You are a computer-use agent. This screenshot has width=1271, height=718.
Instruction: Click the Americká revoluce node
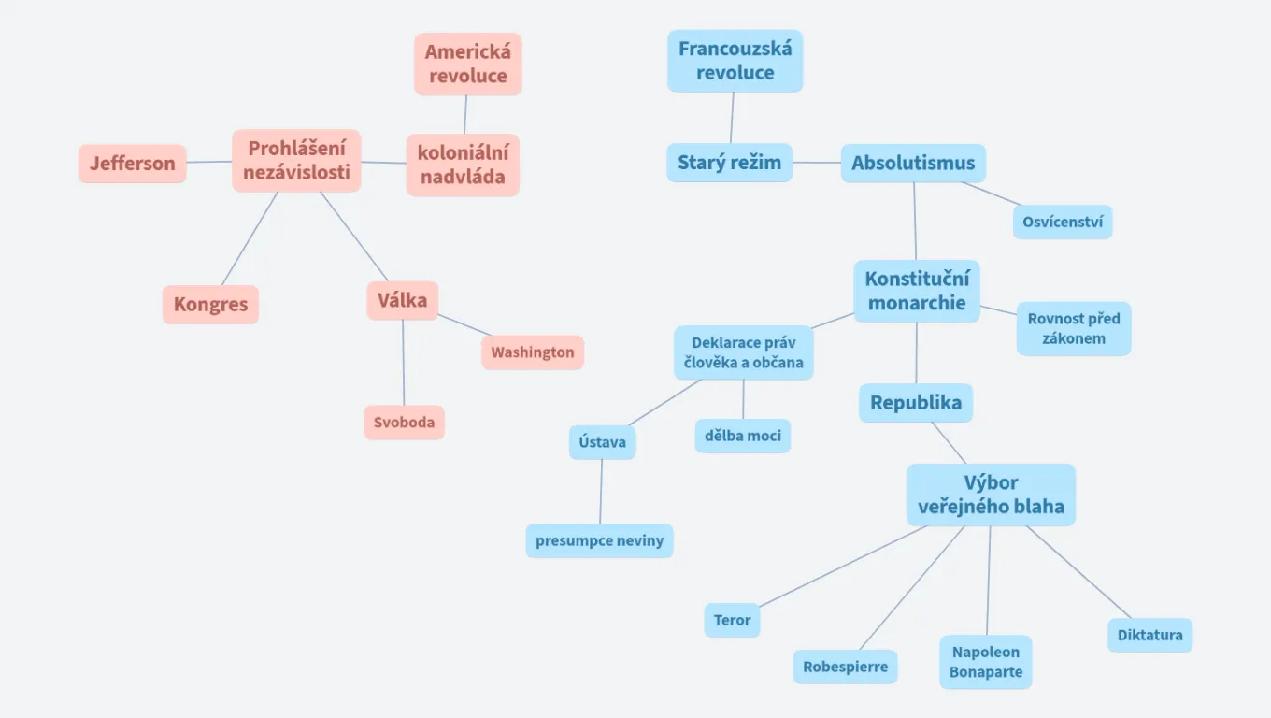point(467,64)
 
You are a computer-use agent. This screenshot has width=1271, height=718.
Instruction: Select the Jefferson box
point(132,164)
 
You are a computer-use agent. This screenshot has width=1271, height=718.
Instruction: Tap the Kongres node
point(210,305)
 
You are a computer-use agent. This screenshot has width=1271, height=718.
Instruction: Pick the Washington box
point(533,352)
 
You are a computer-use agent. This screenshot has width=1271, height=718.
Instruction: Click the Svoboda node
point(404,423)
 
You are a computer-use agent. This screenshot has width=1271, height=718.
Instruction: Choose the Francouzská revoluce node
point(735,61)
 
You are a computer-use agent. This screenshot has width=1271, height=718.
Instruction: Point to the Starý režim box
point(729,163)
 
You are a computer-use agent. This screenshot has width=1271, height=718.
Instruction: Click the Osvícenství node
point(1063,223)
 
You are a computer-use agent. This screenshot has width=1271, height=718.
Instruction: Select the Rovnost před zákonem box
point(1074,328)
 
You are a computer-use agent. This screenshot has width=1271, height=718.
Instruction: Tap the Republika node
point(916,403)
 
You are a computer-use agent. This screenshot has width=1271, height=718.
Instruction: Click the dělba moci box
point(743,436)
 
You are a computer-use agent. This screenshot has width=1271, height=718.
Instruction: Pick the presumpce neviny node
point(599,540)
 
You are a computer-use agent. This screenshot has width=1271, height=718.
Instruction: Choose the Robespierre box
point(845,668)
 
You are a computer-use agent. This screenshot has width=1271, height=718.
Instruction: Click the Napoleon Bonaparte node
point(986,662)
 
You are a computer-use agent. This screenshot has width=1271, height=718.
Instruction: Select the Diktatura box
point(1150,635)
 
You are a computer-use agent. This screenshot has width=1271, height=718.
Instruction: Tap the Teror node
point(732,620)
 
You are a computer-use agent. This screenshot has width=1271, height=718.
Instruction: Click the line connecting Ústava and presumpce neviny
point(601,492)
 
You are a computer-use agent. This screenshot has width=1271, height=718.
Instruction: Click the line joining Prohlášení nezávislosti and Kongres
point(250,238)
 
